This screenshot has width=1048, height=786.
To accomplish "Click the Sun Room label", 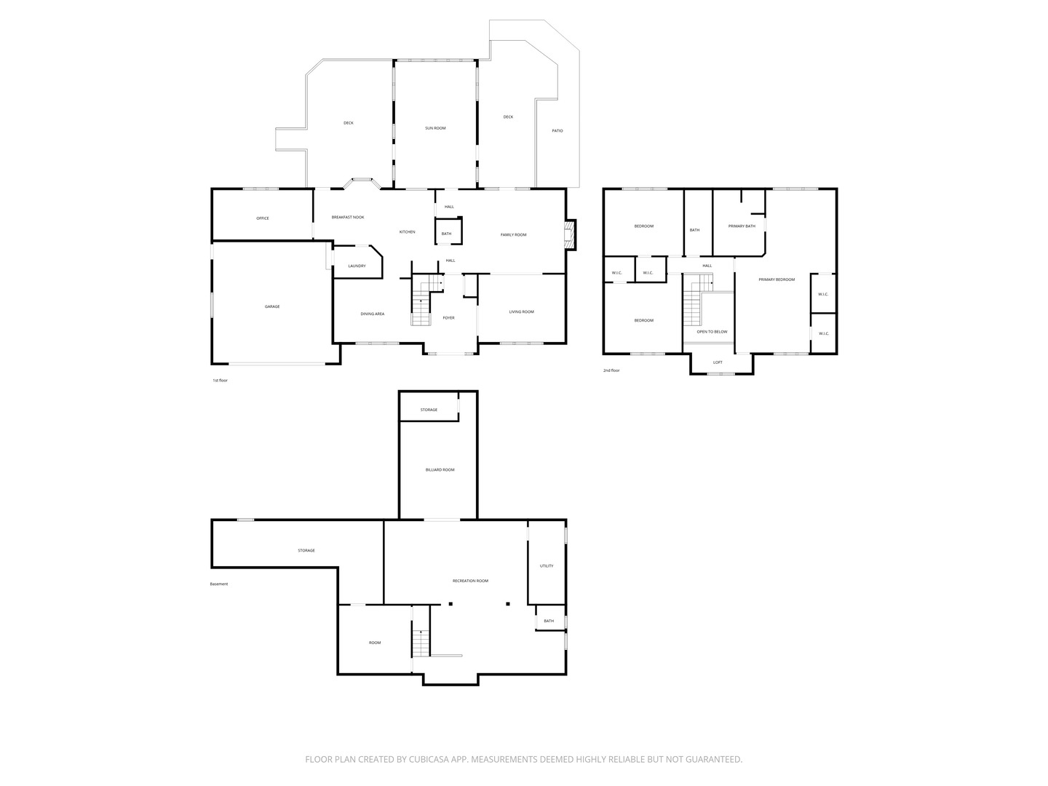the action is click(x=435, y=128).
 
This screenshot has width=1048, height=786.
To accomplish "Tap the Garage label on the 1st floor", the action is click(x=272, y=306).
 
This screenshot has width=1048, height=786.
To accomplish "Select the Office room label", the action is click(x=263, y=218).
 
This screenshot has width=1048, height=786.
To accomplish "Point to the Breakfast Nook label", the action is click(x=348, y=217).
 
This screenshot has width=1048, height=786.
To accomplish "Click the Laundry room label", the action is click(x=357, y=266).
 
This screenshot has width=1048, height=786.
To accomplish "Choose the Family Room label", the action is click(x=513, y=235).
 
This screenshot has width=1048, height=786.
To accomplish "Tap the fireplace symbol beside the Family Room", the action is click(x=570, y=234).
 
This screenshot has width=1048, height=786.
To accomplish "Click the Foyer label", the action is click(x=448, y=318).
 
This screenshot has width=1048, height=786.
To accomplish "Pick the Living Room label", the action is click(x=521, y=311).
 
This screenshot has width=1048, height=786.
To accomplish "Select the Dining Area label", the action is click(x=372, y=314).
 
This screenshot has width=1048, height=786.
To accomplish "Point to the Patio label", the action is click(x=557, y=131).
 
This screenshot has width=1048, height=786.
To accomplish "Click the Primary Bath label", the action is click(x=742, y=226).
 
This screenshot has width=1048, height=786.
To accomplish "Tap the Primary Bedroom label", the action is click(x=777, y=279).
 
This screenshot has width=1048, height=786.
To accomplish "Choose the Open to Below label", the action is click(x=712, y=332).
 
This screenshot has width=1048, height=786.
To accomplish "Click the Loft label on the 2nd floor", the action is click(x=718, y=362).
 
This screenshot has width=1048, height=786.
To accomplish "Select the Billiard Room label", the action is click(x=440, y=469).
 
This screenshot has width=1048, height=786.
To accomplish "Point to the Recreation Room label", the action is click(x=470, y=581).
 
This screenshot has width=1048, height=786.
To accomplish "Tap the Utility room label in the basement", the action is click(x=547, y=566).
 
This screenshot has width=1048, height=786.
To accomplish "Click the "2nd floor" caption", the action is click(x=611, y=370).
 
